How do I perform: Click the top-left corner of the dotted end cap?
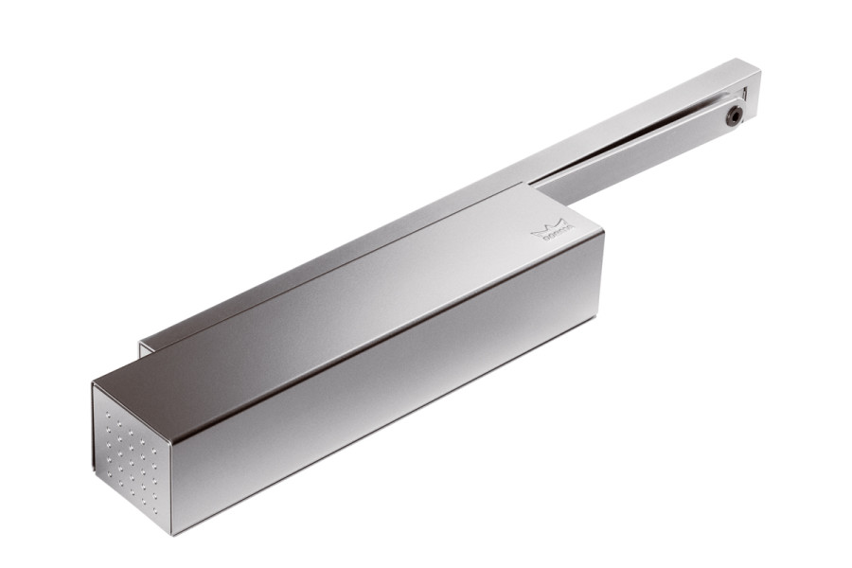pyautogui.click(x=94, y=383)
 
